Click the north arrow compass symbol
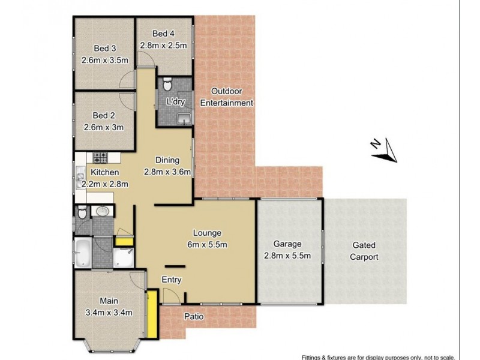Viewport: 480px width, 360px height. (383, 149)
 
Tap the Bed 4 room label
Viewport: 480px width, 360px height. (163, 33)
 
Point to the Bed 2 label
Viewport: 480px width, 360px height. (103, 115)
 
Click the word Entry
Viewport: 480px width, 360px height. (172, 280)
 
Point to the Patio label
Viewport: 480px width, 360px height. (202, 317)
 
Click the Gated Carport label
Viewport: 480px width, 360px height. (366, 251)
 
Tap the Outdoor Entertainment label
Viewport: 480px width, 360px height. (231, 97)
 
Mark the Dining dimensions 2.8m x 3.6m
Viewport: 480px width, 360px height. (167, 172)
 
